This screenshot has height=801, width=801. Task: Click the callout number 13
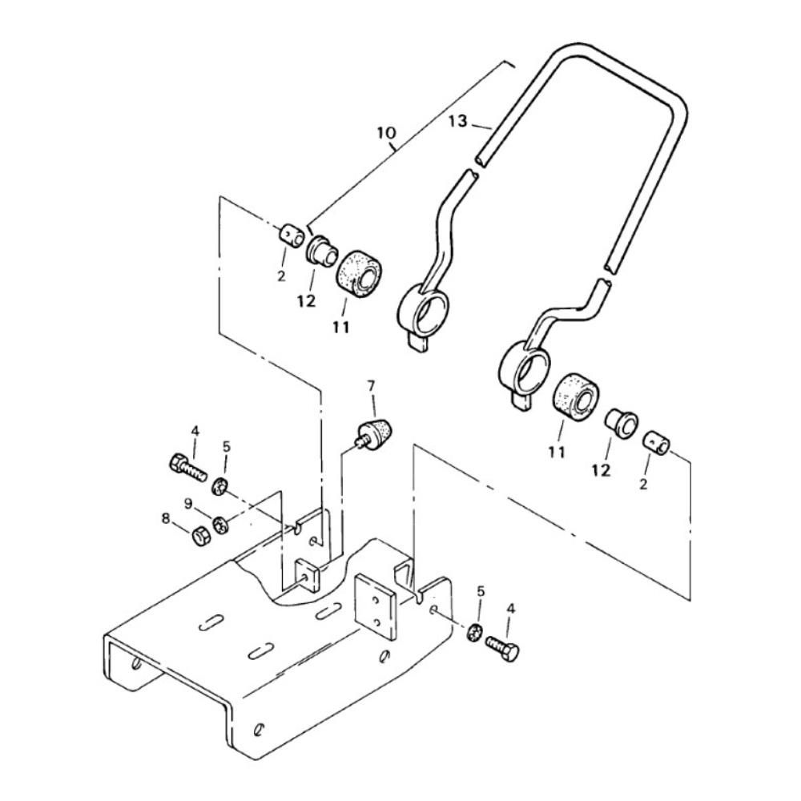point(458,122)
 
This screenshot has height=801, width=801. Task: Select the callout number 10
point(386,133)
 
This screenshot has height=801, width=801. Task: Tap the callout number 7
point(372,384)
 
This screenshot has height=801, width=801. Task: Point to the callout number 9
point(188,504)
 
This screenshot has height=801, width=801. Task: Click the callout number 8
point(166,519)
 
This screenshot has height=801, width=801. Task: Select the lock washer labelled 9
point(220,524)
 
